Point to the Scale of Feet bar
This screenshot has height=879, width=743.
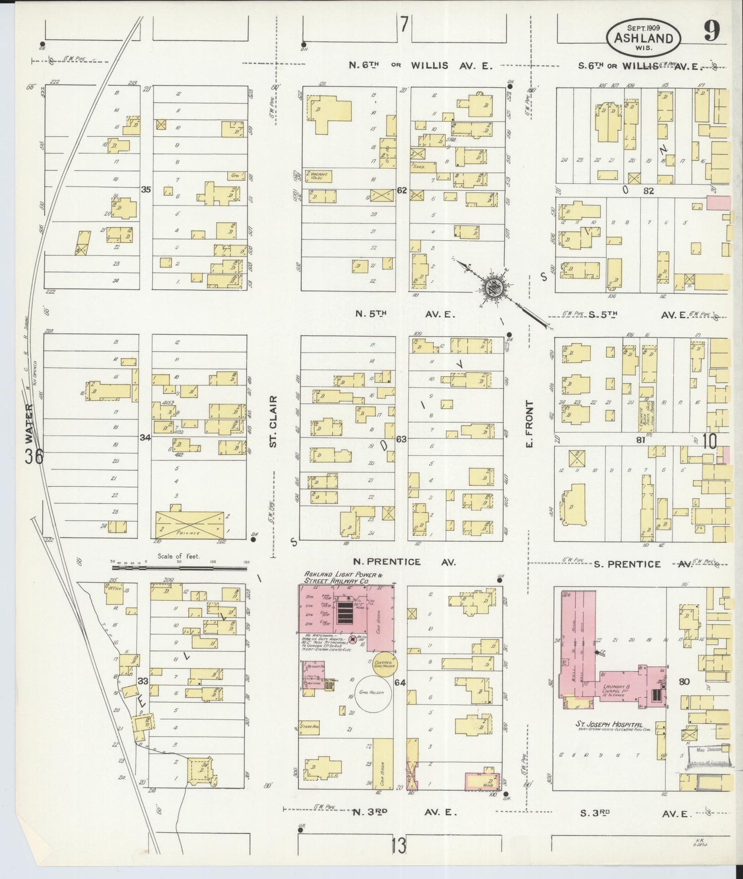point(179,568)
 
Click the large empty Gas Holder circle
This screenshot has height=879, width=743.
point(373,693)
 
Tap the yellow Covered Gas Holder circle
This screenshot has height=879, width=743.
point(383,664)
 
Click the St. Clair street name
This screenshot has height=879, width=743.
point(273,422)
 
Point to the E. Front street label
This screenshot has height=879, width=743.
point(530,425)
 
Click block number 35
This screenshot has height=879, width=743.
point(146,190)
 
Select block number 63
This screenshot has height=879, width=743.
point(402,439)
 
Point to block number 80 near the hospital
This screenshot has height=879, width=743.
point(684,682)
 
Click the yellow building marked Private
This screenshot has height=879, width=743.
point(190,524)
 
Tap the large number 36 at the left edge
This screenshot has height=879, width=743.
point(35,456)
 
